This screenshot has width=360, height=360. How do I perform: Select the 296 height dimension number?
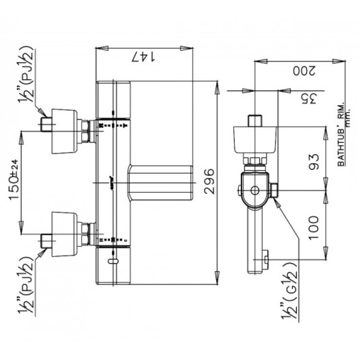pos(208,182)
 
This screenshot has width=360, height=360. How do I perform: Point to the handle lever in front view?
pos(161,182)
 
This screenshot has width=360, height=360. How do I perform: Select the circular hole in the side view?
pos(255,190)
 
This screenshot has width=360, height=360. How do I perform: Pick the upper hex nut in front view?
pos(86,131)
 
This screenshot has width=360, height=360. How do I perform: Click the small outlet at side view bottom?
pos(266,259)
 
